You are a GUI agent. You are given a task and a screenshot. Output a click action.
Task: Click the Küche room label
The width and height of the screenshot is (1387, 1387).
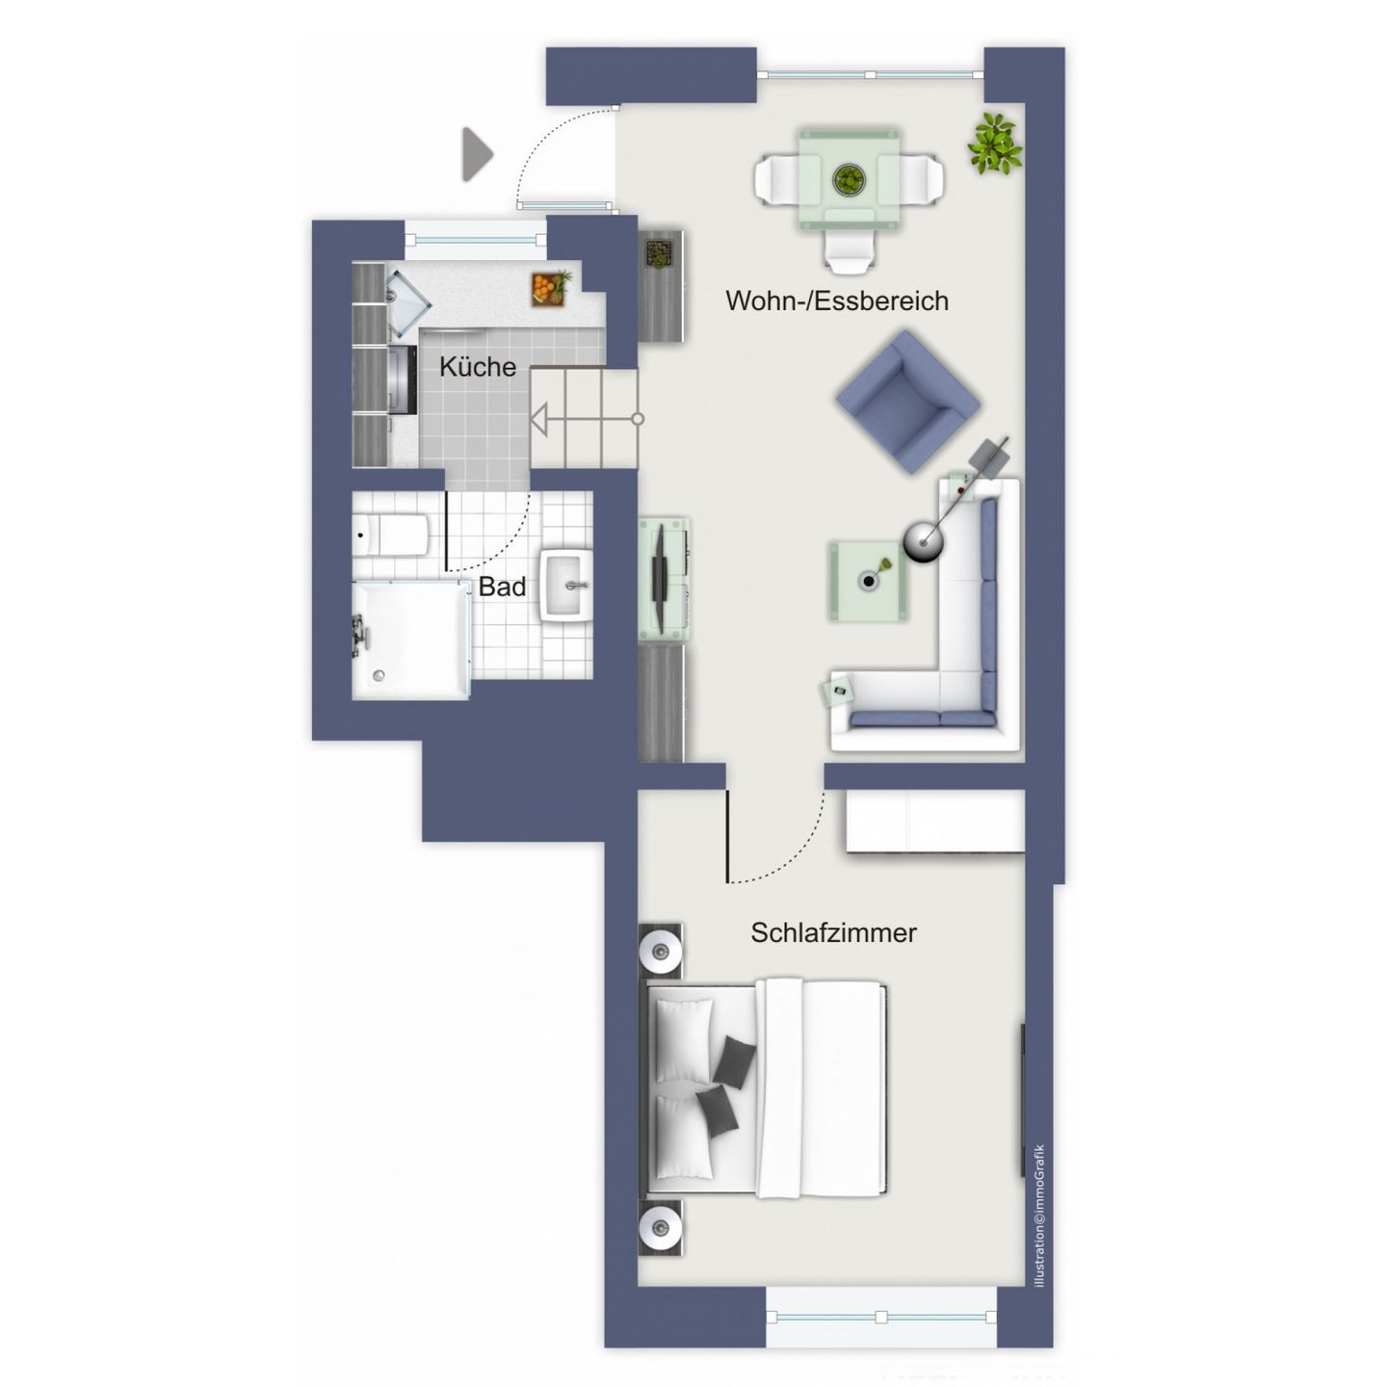tap(477, 366)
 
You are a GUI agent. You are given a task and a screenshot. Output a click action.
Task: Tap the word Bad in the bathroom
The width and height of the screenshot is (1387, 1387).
tap(502, 587)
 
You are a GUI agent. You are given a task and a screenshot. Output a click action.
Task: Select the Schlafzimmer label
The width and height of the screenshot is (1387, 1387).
tap(833, 932)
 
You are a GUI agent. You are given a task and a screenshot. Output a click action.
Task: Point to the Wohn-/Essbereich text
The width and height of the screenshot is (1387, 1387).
tap(836, 301)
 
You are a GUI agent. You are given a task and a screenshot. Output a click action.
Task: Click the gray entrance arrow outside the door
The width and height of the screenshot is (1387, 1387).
tap(477, 154)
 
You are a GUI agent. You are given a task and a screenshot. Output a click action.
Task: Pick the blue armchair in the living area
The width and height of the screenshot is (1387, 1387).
tap(907, 402)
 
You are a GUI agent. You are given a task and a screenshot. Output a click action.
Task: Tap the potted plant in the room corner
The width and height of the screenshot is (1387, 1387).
tap(995, 144)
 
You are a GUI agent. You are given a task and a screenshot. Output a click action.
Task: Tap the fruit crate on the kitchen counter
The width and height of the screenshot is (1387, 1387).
tap(551, 289)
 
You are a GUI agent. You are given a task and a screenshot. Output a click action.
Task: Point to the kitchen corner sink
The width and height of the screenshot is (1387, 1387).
tap(407, 302)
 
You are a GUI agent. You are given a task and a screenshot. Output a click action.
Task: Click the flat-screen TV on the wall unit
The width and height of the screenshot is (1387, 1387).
tap(659, 563)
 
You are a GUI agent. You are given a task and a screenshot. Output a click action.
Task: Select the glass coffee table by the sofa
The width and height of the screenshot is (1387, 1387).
tap(868, 582)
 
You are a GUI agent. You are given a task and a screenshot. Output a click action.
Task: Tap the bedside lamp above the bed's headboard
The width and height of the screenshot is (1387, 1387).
tap(660, 951)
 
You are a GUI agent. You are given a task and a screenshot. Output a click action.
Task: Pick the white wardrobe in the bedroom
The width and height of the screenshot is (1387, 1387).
tap(935, 821)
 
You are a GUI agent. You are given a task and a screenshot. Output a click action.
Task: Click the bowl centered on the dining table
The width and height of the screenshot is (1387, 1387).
tap(849, 179)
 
